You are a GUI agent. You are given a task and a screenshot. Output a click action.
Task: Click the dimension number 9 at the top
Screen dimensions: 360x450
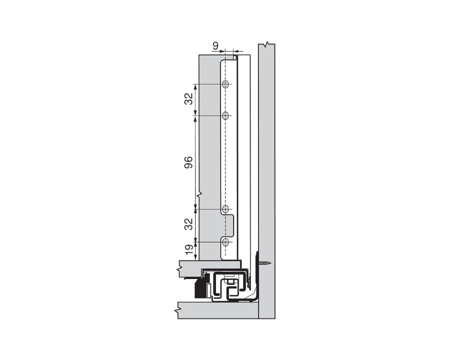pos(215,46)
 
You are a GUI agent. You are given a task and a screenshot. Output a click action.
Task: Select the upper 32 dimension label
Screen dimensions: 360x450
pos(188,99)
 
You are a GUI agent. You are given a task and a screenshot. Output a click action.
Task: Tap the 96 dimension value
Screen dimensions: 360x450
pos(188,162)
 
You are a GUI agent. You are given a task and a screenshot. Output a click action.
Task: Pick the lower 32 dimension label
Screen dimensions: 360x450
pos(188,224)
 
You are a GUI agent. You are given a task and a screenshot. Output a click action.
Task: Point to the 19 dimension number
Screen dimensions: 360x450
pos(188,250)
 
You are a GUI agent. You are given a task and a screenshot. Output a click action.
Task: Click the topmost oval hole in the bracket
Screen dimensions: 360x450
pos(225,84)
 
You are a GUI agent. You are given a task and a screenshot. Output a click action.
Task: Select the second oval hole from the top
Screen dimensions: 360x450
pos(225,116)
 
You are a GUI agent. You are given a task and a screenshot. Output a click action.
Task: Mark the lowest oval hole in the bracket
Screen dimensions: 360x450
pos(225,242)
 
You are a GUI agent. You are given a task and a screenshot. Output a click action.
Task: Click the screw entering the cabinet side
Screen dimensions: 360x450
pos(265,261)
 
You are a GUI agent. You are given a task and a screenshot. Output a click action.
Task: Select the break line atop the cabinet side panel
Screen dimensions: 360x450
pos(267,45)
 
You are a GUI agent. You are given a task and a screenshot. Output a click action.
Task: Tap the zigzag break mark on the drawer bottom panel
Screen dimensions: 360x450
pos(178,269)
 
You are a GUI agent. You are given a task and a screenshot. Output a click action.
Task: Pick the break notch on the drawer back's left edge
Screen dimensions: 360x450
pos(199,193)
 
